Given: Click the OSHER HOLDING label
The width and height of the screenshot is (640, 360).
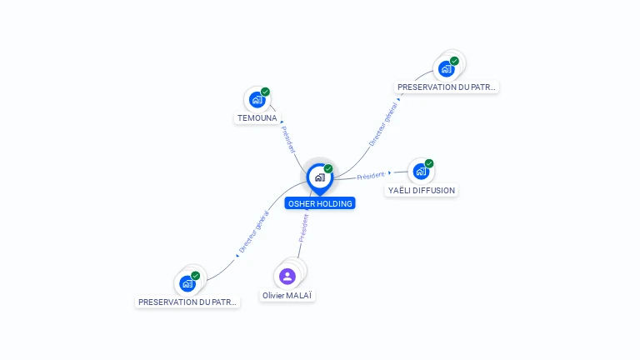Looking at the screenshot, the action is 320,203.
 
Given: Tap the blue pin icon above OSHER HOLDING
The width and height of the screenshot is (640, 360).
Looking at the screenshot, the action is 320,179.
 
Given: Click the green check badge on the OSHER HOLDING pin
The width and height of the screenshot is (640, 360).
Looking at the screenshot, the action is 328,168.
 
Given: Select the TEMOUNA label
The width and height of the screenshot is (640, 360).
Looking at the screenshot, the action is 257,118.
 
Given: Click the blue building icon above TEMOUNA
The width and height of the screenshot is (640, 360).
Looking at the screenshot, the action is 257,100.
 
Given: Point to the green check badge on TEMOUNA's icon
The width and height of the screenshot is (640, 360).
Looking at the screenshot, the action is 265,92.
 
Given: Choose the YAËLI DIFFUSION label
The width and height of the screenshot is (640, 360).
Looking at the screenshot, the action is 421,190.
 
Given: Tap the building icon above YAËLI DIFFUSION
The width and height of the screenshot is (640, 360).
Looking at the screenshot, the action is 421,172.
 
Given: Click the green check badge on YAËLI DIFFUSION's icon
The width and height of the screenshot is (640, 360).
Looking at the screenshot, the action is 429,163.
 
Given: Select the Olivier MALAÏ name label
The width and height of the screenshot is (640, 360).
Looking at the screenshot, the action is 287,295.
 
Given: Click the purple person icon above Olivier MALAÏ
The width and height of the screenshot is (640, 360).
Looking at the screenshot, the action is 287,277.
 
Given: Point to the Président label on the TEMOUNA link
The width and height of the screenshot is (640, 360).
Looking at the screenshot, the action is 288,140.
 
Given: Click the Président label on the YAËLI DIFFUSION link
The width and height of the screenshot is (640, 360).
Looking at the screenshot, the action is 371,176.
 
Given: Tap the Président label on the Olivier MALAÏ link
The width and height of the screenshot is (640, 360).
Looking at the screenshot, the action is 303,228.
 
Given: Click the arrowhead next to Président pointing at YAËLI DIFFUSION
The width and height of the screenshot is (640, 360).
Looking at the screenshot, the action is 390,172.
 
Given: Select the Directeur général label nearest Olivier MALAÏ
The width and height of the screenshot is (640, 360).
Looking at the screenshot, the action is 254,232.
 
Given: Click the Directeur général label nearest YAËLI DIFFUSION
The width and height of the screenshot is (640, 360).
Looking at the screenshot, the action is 382,124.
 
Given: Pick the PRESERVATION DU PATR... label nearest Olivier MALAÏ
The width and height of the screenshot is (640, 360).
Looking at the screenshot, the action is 187,302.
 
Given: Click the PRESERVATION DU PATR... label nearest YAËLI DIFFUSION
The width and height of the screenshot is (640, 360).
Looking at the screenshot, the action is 446,87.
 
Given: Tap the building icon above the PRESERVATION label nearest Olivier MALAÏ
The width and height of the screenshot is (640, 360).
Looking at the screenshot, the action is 187,283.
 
